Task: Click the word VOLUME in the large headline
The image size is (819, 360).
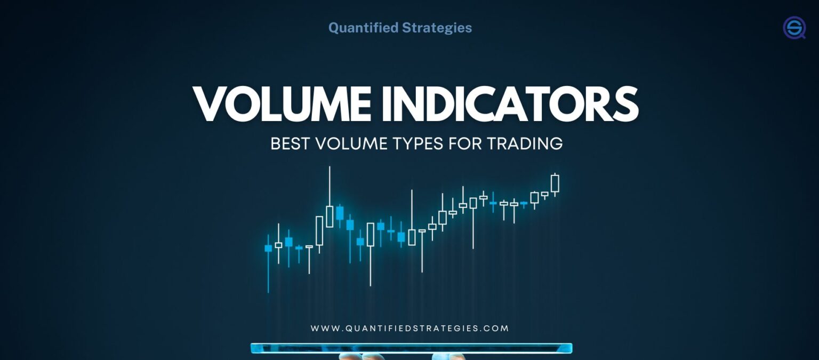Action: (282, 104)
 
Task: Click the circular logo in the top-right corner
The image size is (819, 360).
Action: (794, 28)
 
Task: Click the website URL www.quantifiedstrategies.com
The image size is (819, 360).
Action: (409, 329)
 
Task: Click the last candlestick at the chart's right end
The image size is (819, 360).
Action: (555, 183)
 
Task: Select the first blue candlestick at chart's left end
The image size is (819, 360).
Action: (268, 248)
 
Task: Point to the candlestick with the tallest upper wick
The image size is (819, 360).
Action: (330, 216)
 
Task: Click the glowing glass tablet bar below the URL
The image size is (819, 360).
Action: (411, 348)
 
